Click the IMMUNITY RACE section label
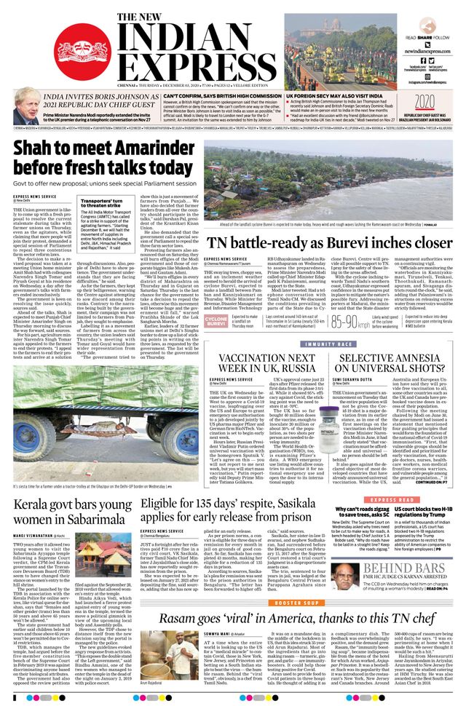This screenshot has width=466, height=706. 328,343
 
